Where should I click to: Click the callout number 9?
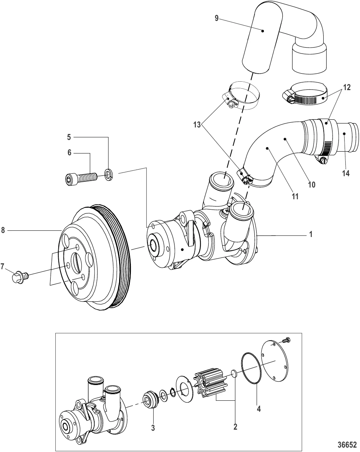(217, 18)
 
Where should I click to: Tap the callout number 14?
(346, 173)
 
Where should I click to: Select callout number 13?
(197, 125)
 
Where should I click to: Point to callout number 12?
(347, 88)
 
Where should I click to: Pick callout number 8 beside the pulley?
(3, 230)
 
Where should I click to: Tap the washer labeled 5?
(109, 174)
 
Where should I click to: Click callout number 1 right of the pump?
(311, 234)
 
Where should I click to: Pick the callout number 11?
(295, 196)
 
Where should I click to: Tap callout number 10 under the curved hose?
(312, 184)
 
